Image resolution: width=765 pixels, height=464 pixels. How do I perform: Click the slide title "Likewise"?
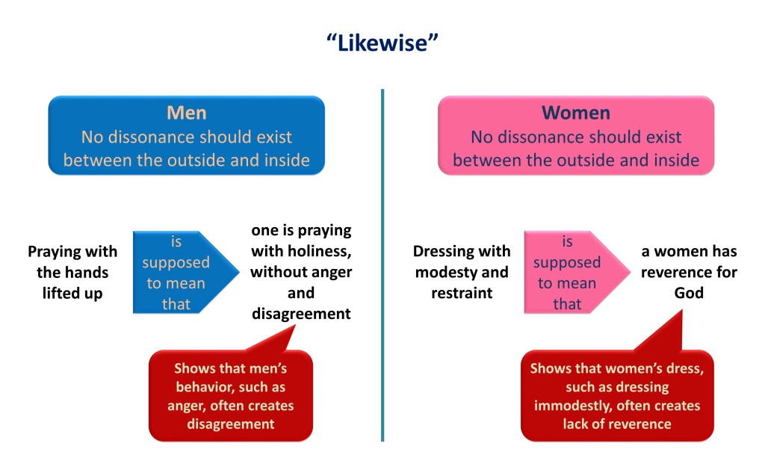pos(382,43)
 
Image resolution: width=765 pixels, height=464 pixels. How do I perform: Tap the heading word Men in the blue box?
pos(186,113)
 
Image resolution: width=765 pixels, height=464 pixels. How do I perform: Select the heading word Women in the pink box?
pos(576,113)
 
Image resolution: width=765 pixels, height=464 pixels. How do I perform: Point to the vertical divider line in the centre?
pos(382,265)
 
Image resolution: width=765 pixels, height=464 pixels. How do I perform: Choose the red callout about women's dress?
pos(617,386)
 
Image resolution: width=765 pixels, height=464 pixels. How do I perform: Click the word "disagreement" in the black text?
pos(301,314)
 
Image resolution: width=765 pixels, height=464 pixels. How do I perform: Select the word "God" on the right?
pos(689,293)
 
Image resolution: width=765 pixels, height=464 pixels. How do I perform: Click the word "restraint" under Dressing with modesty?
pos(462,293)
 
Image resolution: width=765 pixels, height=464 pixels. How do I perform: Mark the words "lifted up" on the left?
pos(72,293)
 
